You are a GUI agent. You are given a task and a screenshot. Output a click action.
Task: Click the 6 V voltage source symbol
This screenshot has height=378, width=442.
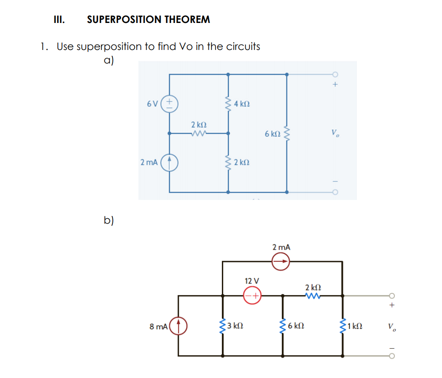point(170,103)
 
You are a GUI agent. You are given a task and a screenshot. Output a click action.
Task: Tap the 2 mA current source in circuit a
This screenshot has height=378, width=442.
point(170,162)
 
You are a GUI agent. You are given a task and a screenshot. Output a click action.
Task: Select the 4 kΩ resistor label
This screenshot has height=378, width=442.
point(242,104)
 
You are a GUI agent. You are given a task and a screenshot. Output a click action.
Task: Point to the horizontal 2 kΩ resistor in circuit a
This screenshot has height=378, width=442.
point(198,133)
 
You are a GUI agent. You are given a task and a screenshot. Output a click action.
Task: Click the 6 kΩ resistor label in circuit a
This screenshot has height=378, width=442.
point(273,134)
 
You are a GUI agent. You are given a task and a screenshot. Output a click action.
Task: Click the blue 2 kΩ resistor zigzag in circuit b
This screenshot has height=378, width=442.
point(313,296)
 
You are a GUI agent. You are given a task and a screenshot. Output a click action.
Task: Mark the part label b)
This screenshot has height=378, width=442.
point(108,220)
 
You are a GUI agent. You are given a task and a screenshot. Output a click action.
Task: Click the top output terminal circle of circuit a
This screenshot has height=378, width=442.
point(335,74)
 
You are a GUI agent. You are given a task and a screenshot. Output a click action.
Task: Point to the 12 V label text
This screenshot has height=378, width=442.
point(252,280)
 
